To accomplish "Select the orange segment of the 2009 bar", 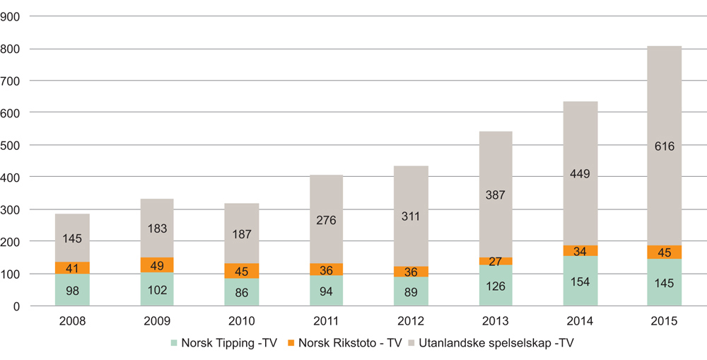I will click(157, 265).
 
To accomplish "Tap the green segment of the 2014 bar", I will click(580, 281).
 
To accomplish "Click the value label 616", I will click(664, 146).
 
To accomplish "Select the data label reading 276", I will click(326, 220).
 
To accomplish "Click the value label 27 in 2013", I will click(496, 261).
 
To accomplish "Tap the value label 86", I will click(242, 292).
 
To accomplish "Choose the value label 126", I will click(496, 286).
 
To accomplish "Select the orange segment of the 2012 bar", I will click(411, 272).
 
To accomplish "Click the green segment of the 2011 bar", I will click(326, 291).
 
